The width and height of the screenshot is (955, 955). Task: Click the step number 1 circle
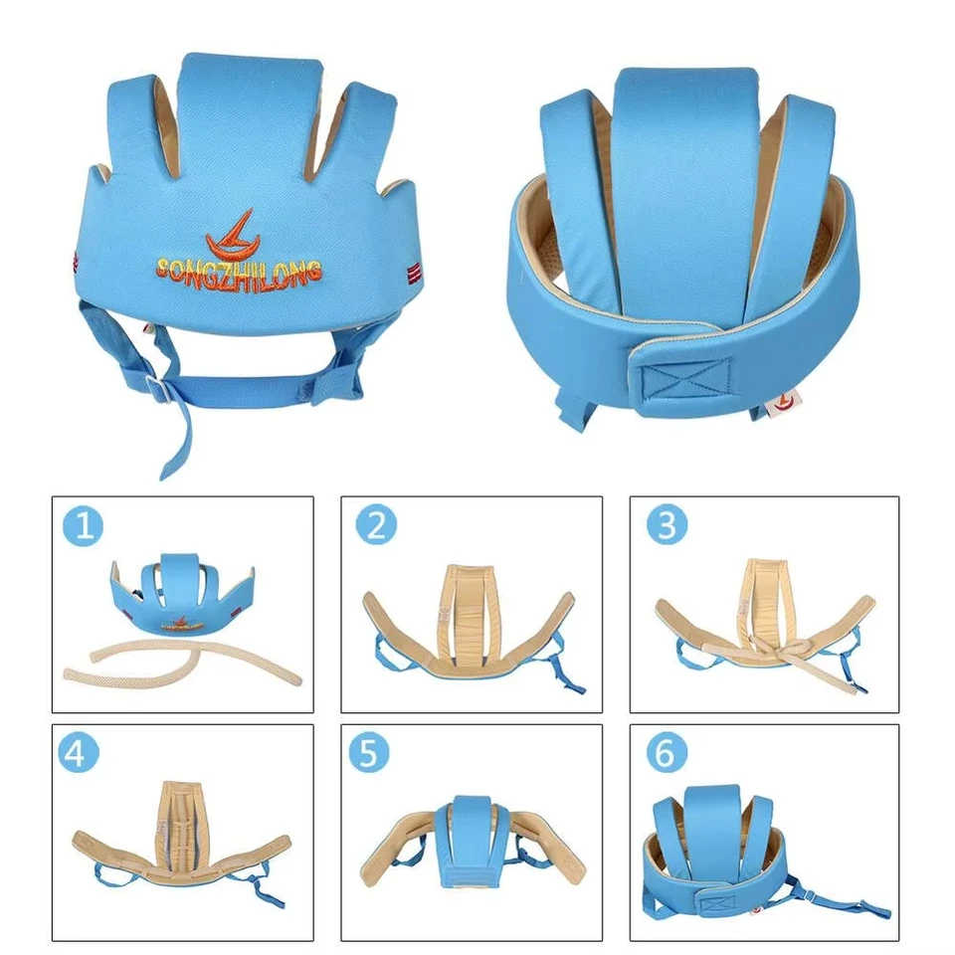pos(85,526)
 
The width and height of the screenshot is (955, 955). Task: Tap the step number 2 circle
pos(375,526)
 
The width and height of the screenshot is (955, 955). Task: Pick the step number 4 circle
pos(85,753)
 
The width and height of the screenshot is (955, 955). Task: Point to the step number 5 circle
pos(368,753)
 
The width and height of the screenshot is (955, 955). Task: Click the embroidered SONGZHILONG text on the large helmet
pos(239,269)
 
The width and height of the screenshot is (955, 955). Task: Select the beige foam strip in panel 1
pos(179,667)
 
